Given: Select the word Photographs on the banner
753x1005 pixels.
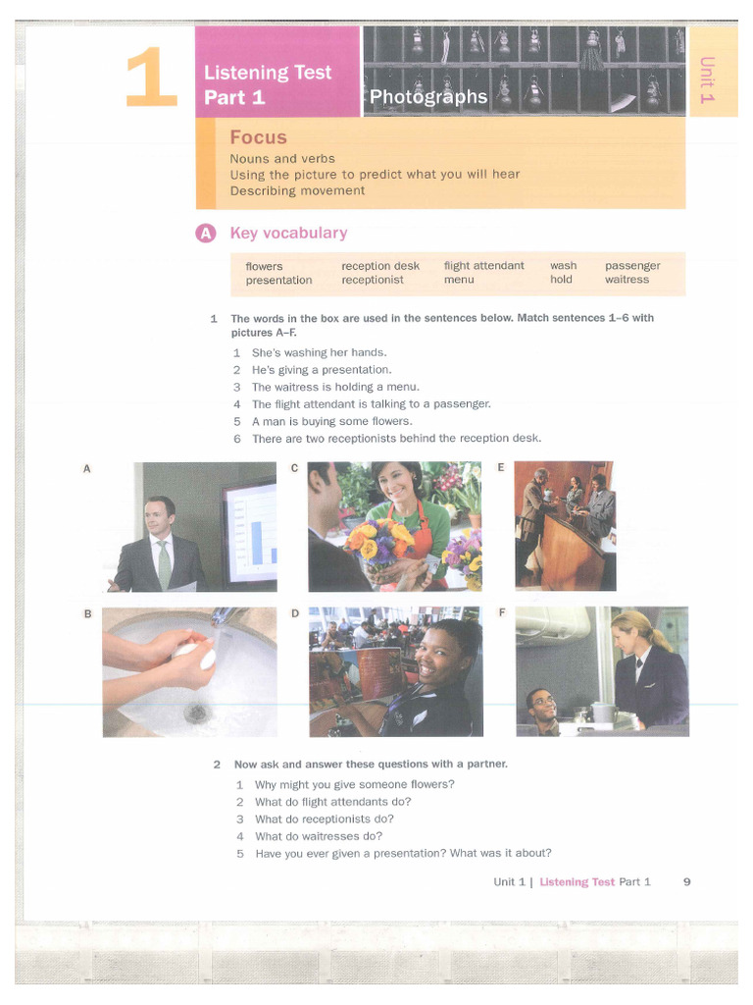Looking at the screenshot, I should (427, 96).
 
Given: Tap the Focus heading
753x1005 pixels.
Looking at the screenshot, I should (258, 137).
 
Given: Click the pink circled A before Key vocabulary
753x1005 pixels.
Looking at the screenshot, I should (205, 234).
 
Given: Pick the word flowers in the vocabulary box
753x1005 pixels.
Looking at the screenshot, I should (264, 266).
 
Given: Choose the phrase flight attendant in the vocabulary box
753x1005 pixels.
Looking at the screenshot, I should (483, 266).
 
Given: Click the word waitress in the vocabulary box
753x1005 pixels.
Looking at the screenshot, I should (627, 280).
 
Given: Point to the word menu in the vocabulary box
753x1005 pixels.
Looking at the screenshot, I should (458, 280).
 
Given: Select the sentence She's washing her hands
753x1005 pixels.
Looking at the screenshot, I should (319, 352).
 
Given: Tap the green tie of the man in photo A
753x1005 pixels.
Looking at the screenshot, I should (164, 562).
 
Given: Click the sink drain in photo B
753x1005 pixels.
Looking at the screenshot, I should (197, 712).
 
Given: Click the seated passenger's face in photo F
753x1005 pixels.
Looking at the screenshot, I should (541, 703).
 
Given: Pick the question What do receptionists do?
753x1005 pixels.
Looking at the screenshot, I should (324, 819).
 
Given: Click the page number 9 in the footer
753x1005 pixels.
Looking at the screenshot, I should (686, 881).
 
